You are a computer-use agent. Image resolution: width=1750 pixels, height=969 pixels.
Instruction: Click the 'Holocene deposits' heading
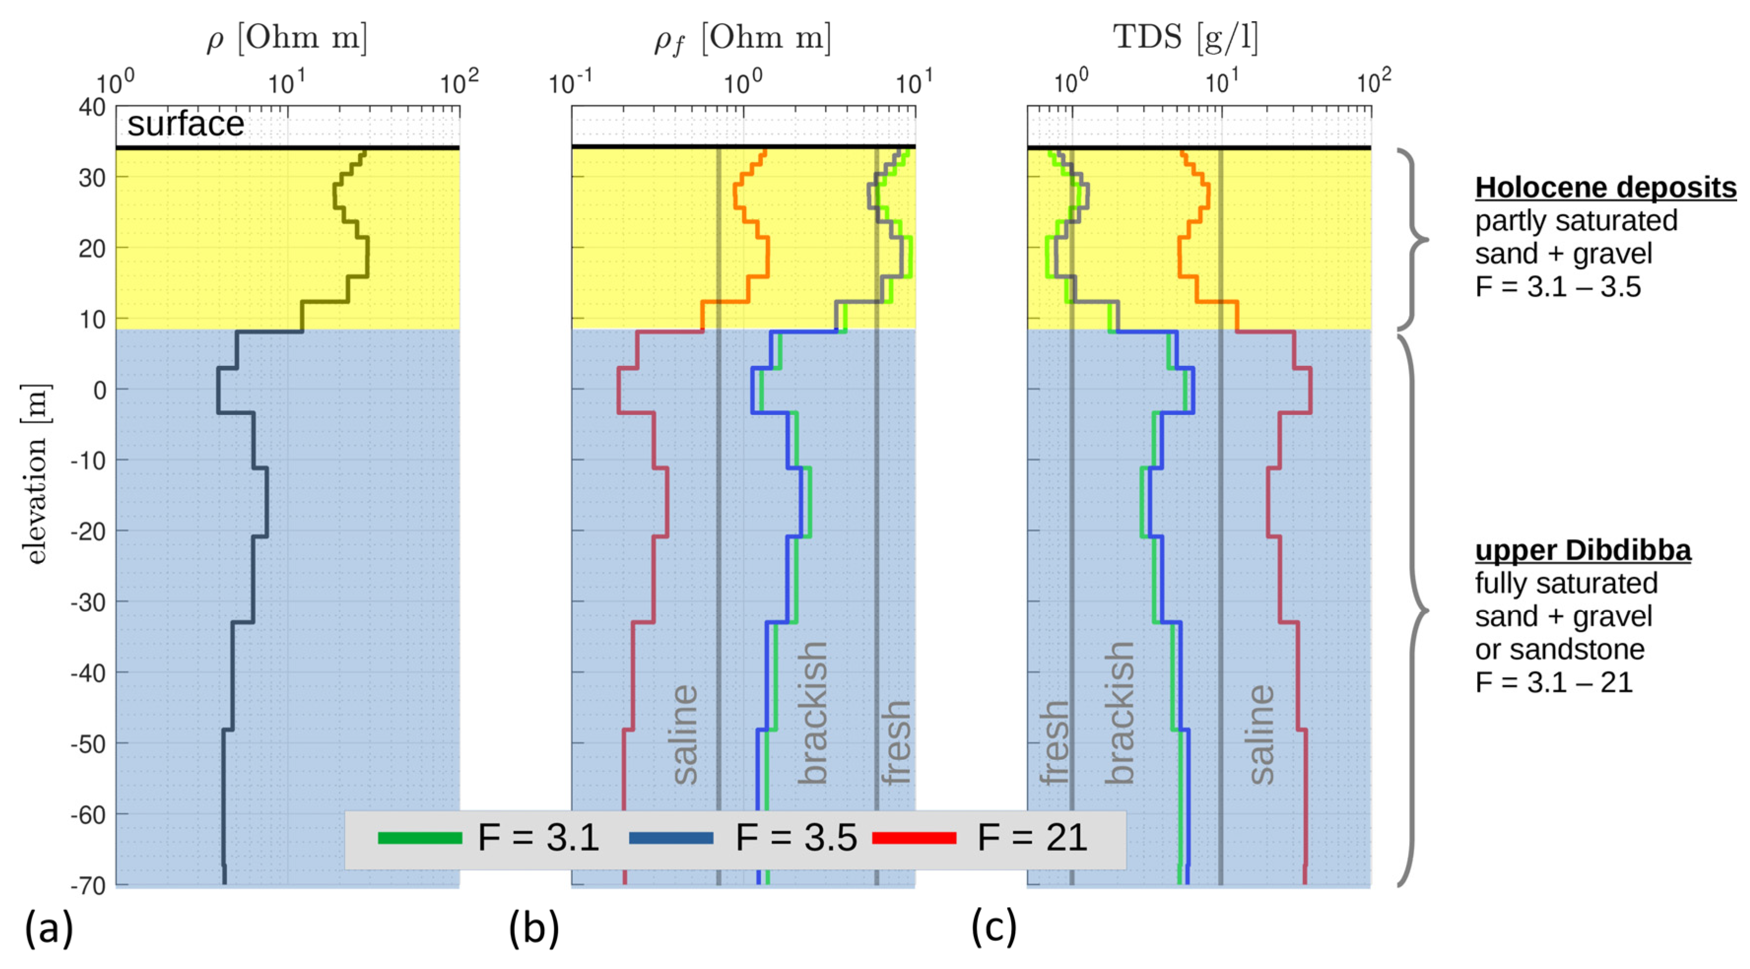point(1605,188)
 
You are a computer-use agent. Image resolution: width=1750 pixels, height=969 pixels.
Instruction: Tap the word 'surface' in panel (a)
point(186,124)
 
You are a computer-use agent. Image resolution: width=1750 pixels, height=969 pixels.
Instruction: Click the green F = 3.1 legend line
point(419,838)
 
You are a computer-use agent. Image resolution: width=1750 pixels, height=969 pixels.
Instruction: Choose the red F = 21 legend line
point(914,838)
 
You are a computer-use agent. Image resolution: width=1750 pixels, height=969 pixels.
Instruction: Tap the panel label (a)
point(49,928)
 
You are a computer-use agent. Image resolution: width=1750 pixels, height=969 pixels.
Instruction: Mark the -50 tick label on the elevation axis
point(88,744)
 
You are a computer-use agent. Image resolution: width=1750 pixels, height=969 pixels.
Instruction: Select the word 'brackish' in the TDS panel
point(1119,713)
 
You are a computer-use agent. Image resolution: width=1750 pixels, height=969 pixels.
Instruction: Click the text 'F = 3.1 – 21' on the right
point(1553,682)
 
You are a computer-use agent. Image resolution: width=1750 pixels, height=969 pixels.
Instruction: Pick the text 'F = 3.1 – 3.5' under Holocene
point(1558,287)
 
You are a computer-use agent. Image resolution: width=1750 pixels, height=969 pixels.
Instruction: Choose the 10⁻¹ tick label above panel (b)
point(571,83)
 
